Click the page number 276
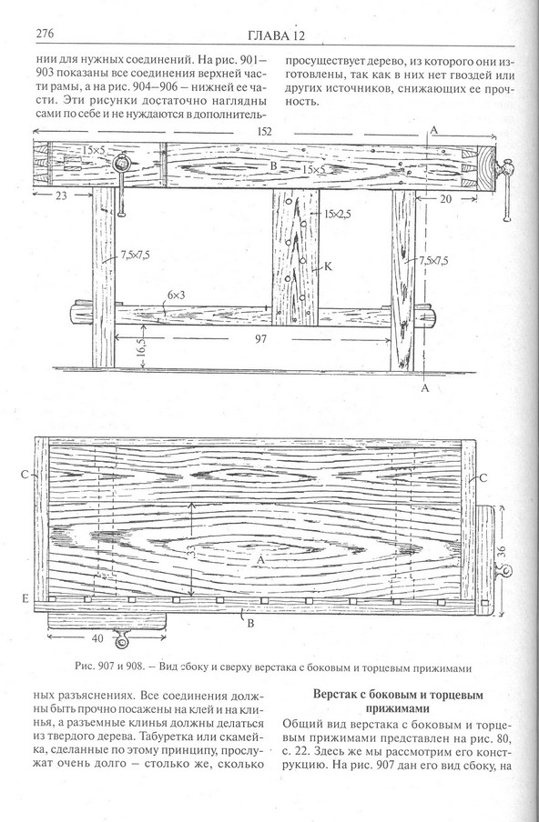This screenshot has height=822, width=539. click(x=46, y=33)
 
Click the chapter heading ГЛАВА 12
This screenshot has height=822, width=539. click(x=276, y=35)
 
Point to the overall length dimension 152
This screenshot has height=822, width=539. click(x=265, y=132)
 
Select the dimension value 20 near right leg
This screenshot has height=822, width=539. click(x=445, y=199)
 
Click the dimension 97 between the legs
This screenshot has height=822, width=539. click(x=260, y=339)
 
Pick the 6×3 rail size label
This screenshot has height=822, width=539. click(x=176, y=296)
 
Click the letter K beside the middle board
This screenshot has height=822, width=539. click(x=328, y=266)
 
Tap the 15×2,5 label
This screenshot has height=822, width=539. click(x=338, y=214)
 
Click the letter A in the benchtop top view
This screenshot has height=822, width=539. click(x=259, y=560)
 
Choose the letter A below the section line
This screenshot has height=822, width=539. click(x=425, y=388)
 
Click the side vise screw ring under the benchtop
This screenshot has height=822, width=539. click(x=123, y=642)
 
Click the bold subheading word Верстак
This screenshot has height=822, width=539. click(x=332, y=695)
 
